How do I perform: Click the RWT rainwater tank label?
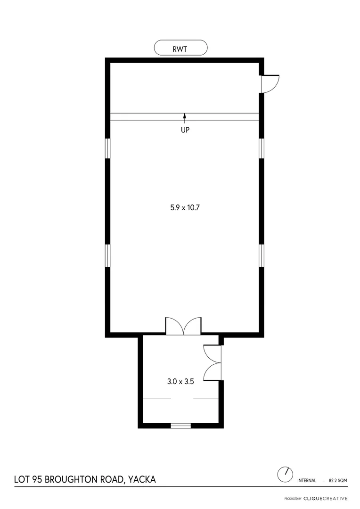point(180,48)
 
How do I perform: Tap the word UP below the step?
point(185,130)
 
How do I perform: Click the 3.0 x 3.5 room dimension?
point(180,382)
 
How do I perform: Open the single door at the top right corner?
point(270,83)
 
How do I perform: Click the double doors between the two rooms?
point(183,327)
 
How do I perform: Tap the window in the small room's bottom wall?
point(180,426)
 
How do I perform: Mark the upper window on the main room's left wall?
point(107,148)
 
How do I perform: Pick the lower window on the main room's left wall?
point(107,255)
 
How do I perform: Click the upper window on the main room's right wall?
point(262,148)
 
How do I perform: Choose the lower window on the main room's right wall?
point(262,255)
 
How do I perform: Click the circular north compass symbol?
point(285,474)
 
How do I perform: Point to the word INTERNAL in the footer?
point(307,481)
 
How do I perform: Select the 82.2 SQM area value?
point(338,481)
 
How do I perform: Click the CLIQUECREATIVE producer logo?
point(326,498)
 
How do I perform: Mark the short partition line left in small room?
point(157,398)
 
